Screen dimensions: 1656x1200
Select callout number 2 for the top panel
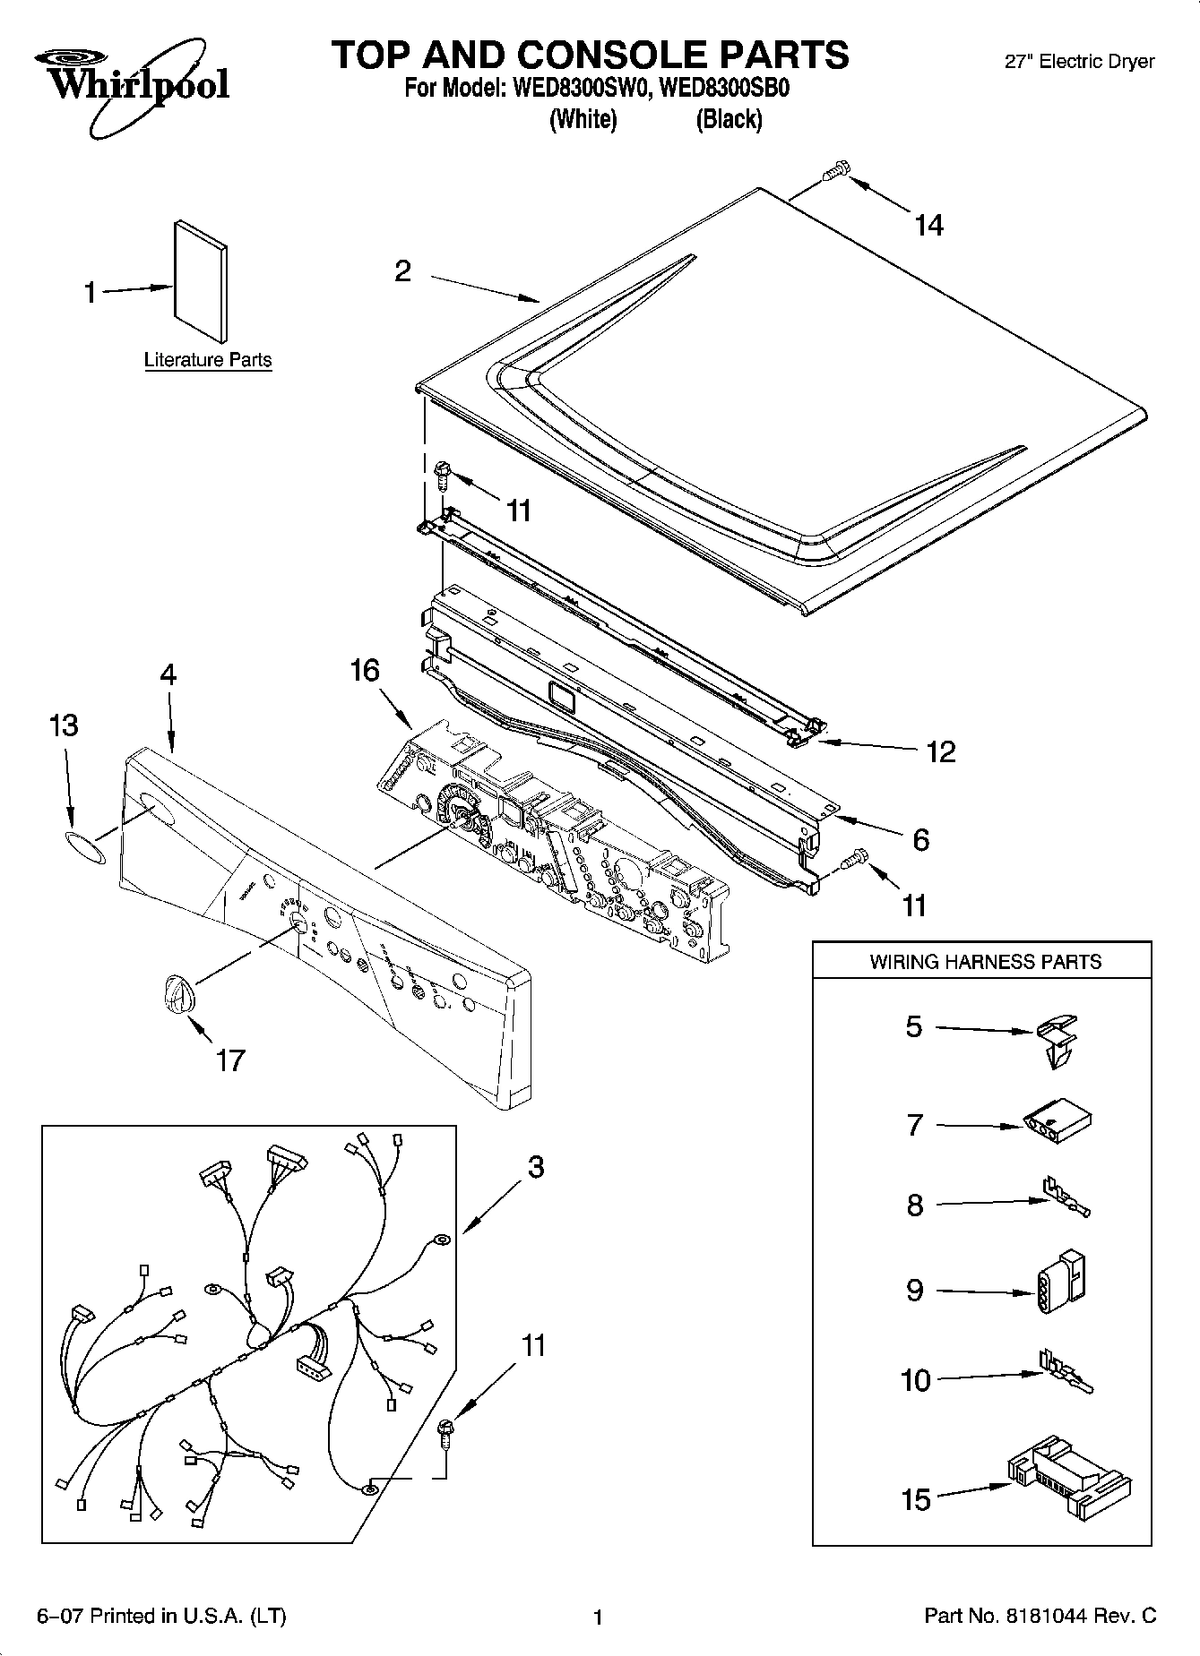point(403,270)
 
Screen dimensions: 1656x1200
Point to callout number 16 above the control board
point(365,671)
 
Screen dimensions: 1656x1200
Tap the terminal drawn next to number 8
point(1065,1198)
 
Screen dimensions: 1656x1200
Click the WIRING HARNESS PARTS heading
point(985,962)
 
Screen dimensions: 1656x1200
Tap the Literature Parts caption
point(208,360)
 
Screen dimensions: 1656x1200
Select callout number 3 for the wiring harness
point(535,1168)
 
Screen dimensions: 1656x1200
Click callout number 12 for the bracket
point(940,751)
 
